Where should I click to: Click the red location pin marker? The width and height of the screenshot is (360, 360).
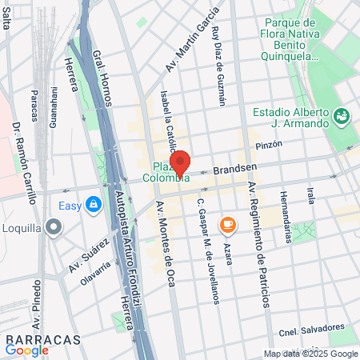coord(180,162)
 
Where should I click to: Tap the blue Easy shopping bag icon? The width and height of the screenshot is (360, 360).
coord(94,205)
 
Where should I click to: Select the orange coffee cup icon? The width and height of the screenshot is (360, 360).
coord(227,222)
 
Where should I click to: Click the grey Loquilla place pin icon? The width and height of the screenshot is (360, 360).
coord(54,227)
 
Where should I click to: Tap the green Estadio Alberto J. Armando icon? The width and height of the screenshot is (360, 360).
coord(342,117)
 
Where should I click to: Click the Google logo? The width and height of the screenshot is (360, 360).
coord(27,350)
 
